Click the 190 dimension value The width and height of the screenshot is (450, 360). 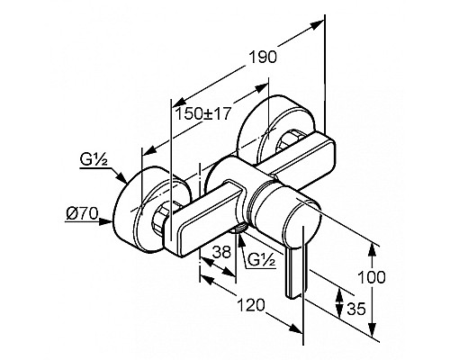point(263,57)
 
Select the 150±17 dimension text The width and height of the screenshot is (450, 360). point(202,114)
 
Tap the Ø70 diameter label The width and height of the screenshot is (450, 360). point(82,214)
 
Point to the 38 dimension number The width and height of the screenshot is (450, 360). point(221,252)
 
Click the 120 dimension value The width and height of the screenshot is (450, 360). point(251,305)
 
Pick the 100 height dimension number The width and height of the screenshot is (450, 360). point(372,277)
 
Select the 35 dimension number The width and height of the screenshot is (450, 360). point(356,309)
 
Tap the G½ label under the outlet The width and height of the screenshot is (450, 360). point(262,260)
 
